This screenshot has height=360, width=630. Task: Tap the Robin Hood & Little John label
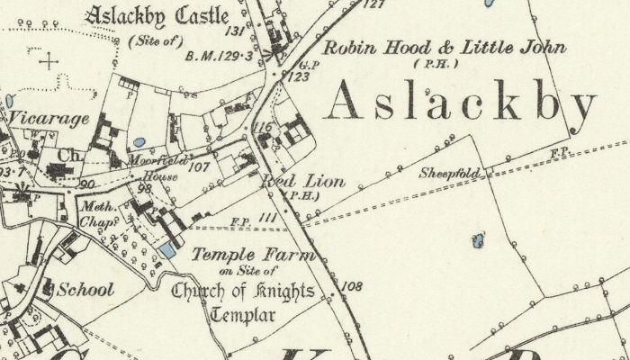pyautogui.click(x=445, y=48)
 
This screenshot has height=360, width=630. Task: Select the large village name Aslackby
pyautogui.click(x=460, y=103)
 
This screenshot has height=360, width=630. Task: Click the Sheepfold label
pyautogui.click(x=448, y=173)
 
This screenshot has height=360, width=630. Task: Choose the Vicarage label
pyautogui.click(x=49, y=119)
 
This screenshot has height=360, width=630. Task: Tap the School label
pyautogui.click(x=85, y=290)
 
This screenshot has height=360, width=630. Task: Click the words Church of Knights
pyautogui.click(x=243, y=291)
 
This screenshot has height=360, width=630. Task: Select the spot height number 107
pyautogui.click(x=200, y=166)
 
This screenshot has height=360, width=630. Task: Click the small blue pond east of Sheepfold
pyautogui.click(x=477, y=240)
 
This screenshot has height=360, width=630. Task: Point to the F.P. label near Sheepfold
pyautogui.click(x=560, y=153)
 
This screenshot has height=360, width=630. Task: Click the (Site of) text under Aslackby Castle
pyautogui.click(x=154, y=40)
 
